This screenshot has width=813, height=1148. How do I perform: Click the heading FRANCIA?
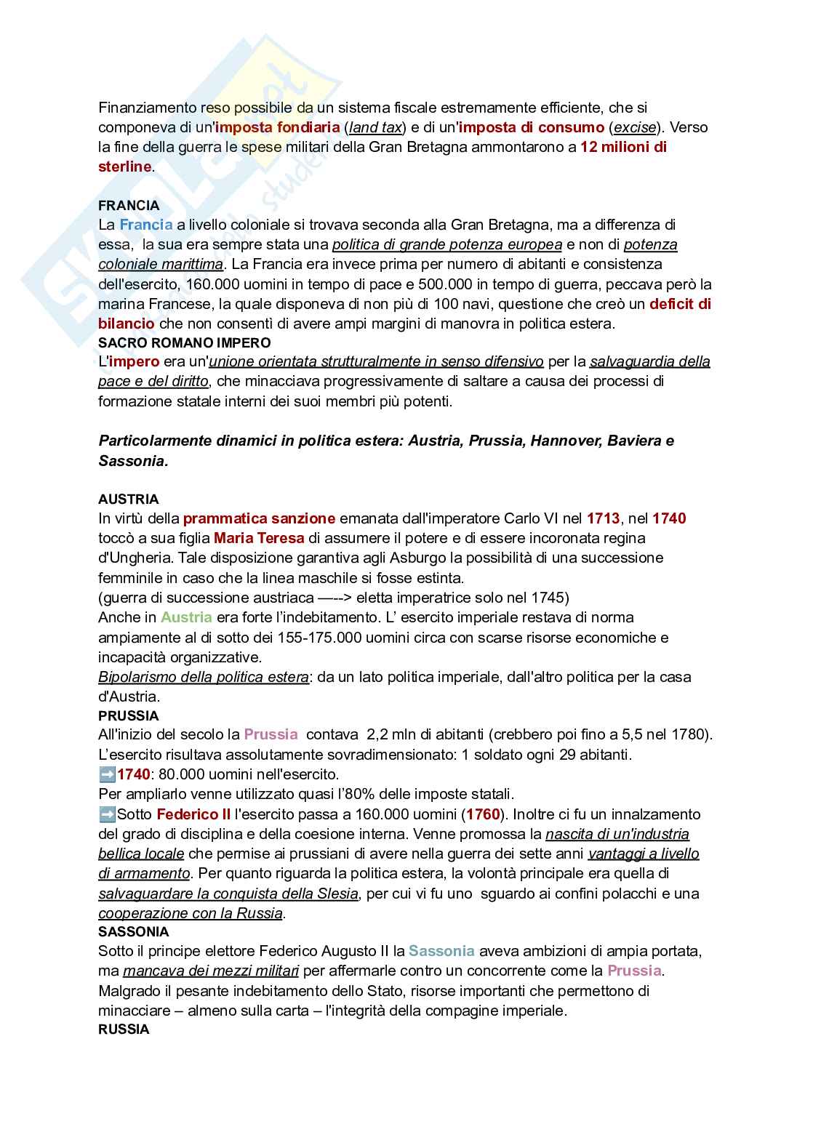[129, 205]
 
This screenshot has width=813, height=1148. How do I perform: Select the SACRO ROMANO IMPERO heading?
[185, 342]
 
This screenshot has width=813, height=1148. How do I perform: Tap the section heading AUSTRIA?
[129, 499]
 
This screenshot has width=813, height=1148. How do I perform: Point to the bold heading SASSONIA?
[133, 931]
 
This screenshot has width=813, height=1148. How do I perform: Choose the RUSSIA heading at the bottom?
[124, 1029]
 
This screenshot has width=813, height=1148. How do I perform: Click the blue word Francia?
[146, 225]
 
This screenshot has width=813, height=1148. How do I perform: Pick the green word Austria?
[186, 617]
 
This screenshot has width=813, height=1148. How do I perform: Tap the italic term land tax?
[375, 127]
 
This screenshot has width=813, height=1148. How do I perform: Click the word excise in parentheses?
[634, 127]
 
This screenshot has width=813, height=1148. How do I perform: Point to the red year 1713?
[603, 518]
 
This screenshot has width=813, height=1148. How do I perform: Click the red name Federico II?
[193, 814]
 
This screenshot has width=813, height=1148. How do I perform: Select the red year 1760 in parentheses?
[483, 814]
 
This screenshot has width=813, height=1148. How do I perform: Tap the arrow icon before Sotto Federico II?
[107, 814]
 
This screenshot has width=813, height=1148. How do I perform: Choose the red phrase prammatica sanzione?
[259, 518]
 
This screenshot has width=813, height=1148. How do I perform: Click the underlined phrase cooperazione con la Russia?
[191, 913]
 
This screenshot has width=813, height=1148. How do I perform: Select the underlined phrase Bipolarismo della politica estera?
[204, 677]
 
